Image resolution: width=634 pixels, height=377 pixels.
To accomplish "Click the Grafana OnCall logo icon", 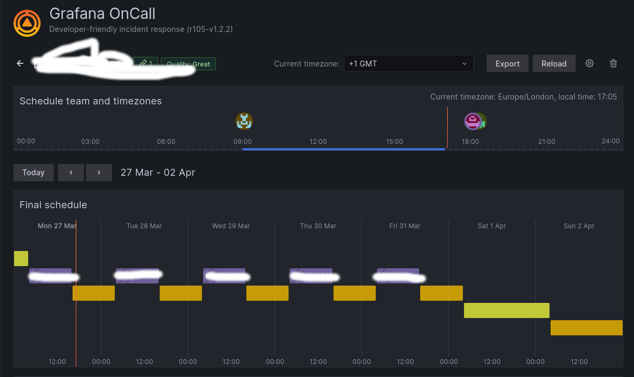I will coord(27,23).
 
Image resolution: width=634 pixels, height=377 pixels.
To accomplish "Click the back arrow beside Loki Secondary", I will coord(20,64).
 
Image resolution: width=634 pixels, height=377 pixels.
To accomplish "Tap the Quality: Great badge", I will coord(188,64).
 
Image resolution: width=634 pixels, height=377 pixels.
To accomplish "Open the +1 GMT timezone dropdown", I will coord(408,63).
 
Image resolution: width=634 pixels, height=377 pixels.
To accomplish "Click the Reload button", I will coord(554,63).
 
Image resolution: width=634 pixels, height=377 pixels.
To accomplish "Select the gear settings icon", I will coord(590,63).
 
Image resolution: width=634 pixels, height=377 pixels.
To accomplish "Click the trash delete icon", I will coord(613,63).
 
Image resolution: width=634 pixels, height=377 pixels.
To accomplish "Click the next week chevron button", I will coord(99,173).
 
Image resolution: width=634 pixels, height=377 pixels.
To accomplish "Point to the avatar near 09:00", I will coord(244,121).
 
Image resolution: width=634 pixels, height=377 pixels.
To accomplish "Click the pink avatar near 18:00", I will coord(473,121).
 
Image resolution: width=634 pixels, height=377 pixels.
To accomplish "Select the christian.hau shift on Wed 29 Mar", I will coord(224,276).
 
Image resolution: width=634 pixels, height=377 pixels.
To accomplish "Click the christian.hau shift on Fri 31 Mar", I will coord(398,276).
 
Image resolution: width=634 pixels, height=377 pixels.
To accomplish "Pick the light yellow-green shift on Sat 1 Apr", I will coord(506,310).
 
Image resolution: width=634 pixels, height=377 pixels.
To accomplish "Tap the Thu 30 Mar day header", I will coord(318,226).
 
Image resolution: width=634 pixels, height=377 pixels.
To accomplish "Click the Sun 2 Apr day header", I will coord(579,226).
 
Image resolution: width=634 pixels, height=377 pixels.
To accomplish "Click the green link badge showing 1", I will coord(146,64).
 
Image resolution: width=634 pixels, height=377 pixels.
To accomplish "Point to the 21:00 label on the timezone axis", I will coord(546,141).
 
